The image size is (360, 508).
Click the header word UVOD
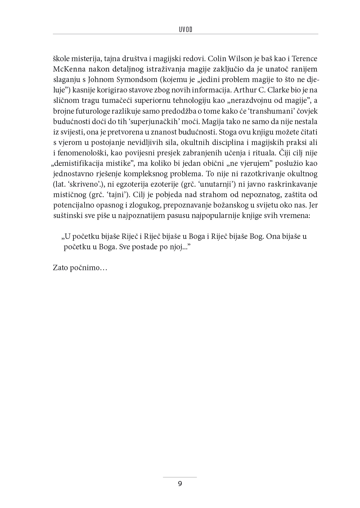(185, 30)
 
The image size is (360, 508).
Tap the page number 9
(180, 484)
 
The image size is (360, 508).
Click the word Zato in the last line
(60, 268)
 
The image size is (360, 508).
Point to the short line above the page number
(180, 477)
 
